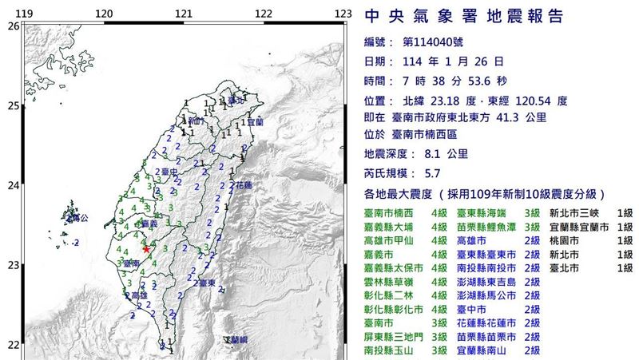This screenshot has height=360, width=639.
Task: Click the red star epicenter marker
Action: coord(145,249)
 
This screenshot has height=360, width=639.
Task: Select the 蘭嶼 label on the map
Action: coord(236,339)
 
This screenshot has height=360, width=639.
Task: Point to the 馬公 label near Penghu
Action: coord(77,216)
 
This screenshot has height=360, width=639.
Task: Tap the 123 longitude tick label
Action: coord(343,14)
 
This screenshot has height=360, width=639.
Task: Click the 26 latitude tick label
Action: coord(12,26)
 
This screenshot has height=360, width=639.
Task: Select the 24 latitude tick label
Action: coord(12,186)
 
